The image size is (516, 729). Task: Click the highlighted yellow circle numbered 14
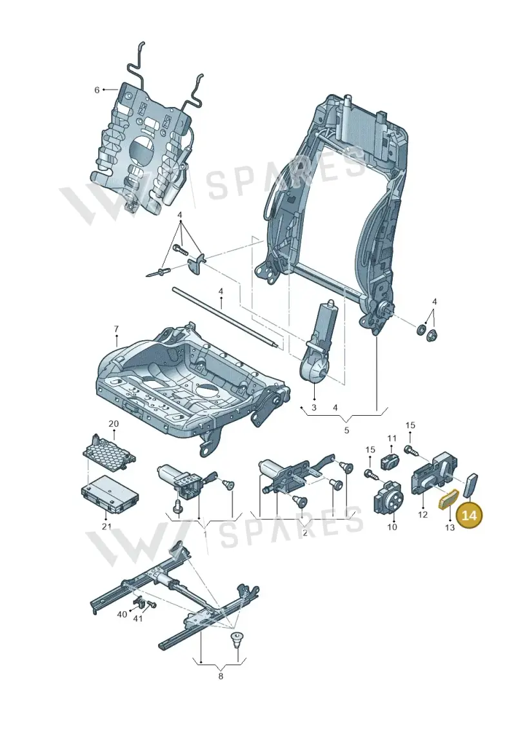coord(470,516)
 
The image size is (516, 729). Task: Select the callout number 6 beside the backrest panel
coord(97,90)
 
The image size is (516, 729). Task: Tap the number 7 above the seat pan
coord(116,329)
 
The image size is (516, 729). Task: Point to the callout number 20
coord(114,423)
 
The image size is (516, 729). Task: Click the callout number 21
coord(106,527)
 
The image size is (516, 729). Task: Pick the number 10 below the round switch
coord(392,527)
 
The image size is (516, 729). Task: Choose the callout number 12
coord(422,514)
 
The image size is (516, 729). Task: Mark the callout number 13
coord(450,528)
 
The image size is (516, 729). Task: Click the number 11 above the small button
coord(392,438)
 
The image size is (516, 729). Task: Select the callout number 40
coord(122,614)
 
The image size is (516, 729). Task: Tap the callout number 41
coord(138,618)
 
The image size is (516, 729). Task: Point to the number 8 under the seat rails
coord(221,676)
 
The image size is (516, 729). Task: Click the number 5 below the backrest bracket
coord(346,430)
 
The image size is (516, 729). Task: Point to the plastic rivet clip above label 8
coord(238,639)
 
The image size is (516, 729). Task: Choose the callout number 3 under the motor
coord(314,408)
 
